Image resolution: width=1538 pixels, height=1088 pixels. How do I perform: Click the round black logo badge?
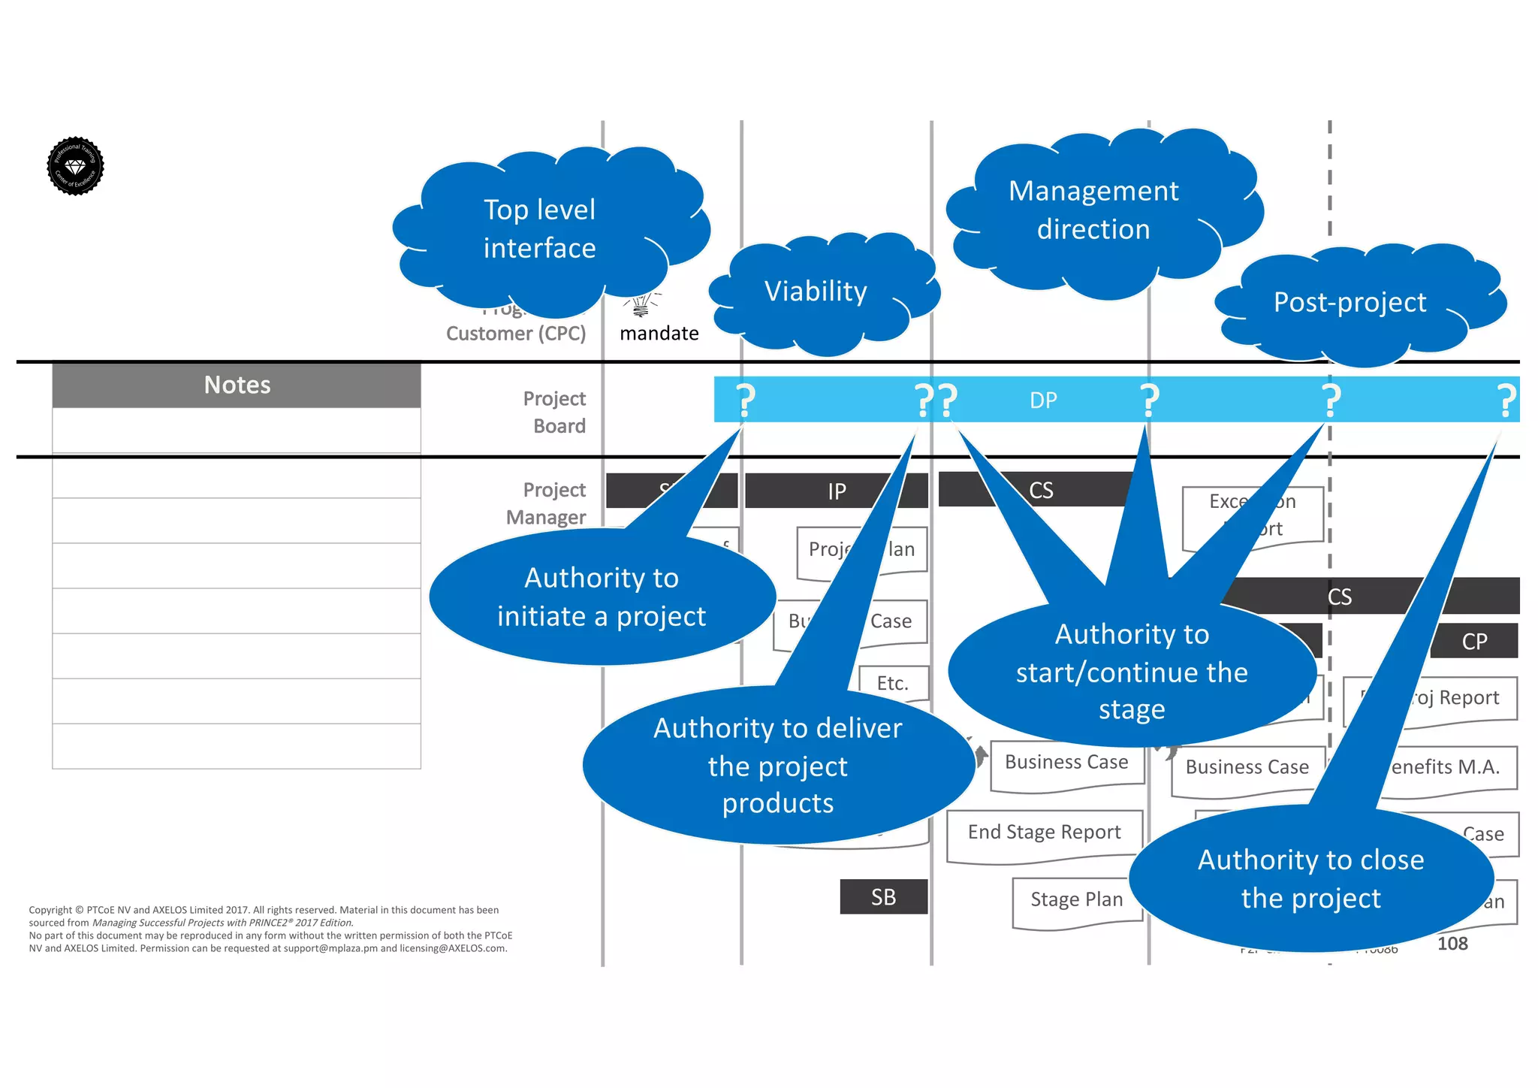pos(75,166)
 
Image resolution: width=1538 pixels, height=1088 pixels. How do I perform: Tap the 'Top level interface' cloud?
pos(539,229)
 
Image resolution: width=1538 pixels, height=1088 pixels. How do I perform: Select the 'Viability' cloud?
pos(816,292)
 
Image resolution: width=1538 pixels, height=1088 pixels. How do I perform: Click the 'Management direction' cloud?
pos(1093,210)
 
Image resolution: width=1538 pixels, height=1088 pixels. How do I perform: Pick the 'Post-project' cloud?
pos(1350,303)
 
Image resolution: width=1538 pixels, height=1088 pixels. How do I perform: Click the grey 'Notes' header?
pos(237,385)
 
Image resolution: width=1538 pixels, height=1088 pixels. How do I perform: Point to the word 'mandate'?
pos(659,333)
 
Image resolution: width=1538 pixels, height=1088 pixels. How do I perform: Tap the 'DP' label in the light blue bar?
pos(1043,400)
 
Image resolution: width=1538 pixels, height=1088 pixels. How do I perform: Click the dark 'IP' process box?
pos(836,491)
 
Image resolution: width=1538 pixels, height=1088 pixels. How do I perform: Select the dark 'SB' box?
pos(883,897)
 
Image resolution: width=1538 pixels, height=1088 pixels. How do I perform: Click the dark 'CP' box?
pos(1474,642)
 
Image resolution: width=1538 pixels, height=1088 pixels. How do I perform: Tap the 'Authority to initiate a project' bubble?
pos(601,597)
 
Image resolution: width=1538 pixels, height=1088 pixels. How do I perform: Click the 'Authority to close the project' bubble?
pos(1310,879)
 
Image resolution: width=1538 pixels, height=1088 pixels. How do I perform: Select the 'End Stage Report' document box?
pos(1044,833)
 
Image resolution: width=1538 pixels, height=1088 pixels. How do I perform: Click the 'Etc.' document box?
pos(893,683)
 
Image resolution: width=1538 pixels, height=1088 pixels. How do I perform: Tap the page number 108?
pos(1452,944)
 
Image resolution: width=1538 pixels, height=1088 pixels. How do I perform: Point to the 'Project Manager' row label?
pos(546,503)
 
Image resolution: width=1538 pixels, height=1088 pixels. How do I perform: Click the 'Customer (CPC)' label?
pos(516,334)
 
